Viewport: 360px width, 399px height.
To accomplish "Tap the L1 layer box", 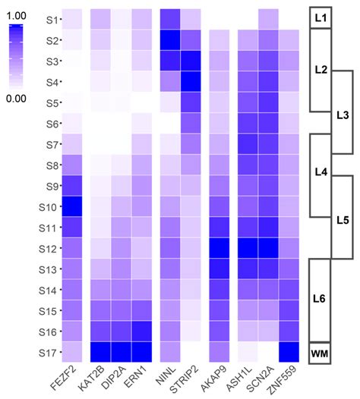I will [x=321, y=17].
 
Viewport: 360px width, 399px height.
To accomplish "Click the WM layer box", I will [x=321, y=353].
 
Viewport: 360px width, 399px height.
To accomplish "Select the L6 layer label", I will [x=321, y=300].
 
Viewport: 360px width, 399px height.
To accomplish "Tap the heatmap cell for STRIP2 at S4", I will [x=191, y=81].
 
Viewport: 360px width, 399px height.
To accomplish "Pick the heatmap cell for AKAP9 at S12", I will [x=219, y=248].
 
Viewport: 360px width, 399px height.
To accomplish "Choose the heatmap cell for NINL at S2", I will [x=170, y=39].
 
